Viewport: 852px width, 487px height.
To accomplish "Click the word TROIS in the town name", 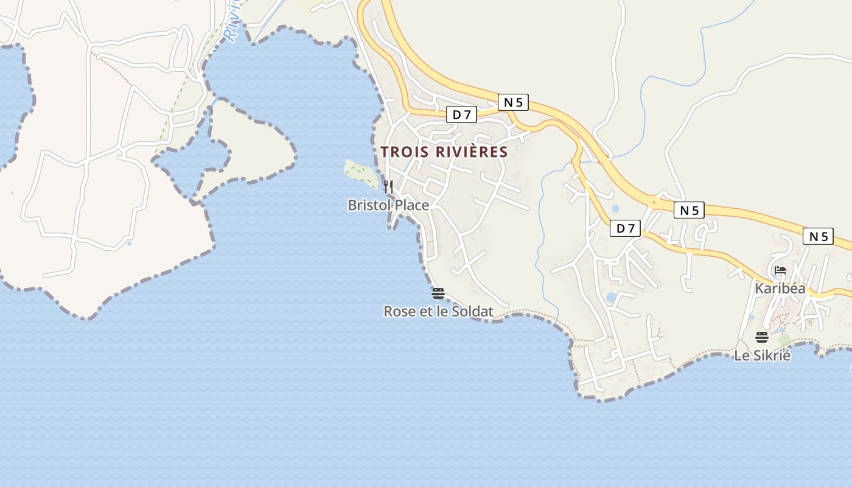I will pos(402,152).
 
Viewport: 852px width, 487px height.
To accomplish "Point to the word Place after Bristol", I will pos(412,205).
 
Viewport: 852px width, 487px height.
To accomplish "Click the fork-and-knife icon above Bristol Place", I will pos(388,186).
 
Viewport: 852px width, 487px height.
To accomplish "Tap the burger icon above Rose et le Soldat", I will pos(438,293).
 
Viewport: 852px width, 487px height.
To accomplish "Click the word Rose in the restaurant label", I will pos(397,311).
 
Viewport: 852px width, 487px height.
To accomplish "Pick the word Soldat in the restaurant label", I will pos(472,311).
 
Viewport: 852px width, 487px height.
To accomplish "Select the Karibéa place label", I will pos(780,288).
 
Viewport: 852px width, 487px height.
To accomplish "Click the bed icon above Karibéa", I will pos(780,270).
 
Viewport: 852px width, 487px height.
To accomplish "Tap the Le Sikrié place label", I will pos(762,355).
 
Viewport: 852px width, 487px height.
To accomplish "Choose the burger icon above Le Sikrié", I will pos(762,337).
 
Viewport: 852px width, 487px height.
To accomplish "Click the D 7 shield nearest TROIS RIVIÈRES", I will pos(461,114).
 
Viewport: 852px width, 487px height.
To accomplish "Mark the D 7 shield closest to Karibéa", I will pos(626,228).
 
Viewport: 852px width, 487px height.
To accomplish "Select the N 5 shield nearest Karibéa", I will pos(818,236).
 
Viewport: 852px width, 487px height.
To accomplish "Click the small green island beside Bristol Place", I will pos(360,173).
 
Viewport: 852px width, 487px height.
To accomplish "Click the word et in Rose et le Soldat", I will pos(422,311).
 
